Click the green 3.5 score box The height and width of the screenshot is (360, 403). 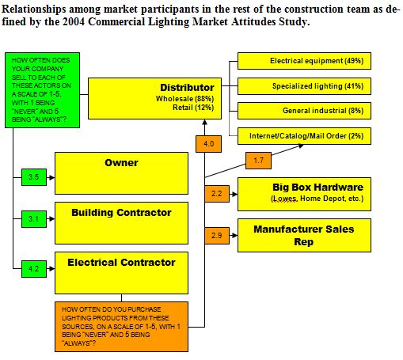pos(34,177)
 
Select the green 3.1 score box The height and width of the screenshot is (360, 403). pos(34,219)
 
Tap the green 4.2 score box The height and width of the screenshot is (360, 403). pos(34,269)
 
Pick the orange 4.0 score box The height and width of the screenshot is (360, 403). pos(208,144)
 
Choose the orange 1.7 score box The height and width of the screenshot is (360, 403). pos(258,161)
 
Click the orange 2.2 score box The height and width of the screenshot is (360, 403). pos(217,194)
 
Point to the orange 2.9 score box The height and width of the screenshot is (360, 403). pos(217,236)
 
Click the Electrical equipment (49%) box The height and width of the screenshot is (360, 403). pos(304,61)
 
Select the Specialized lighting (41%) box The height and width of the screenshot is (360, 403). pos(304,86)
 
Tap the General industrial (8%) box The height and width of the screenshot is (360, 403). pos(304,111)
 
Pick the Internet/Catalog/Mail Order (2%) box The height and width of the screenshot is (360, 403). pos(304,136)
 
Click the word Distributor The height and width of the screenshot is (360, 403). pos(187,88)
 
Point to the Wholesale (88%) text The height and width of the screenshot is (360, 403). pos(184,99)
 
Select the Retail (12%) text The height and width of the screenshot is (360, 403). pos(193,108)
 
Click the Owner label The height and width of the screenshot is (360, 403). pos(121,163)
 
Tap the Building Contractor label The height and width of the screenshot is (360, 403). pos(121,213)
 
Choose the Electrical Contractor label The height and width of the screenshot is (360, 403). pos(121,263)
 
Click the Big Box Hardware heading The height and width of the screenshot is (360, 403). pos(318,188)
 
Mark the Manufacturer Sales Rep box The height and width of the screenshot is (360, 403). pos(304,236)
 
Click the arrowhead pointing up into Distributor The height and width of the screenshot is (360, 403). pos(204,122)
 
